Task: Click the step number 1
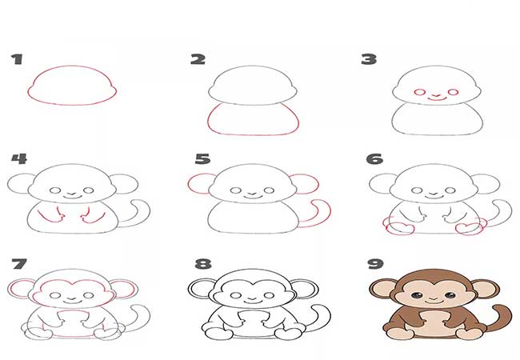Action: pos(18,59)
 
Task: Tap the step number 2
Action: pos(198,59)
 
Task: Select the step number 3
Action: pos(369,59)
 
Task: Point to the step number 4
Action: pos(19,158)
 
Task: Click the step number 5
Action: pos(202,158)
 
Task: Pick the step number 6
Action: pos(374,158)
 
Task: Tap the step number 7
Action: pos(19,264)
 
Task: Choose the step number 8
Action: pos(203,264)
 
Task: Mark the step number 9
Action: pos(375,264)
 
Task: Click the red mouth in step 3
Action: pos(436,98)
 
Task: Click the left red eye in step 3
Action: pos(419,92)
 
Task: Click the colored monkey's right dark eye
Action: pos(450,295)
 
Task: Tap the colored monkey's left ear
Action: pos(382,289)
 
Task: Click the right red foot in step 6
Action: pos(469,229)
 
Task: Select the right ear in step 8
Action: pos(305,288)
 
